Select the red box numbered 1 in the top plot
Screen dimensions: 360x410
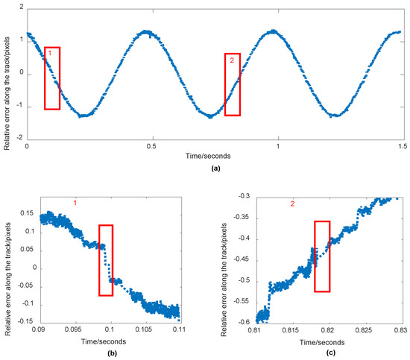point(52,78)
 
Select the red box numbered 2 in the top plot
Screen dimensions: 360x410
point(233,84)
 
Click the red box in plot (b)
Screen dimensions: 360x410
point(106,260)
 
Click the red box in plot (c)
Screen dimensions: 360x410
point(322,256)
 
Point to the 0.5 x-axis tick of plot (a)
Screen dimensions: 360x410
point(153,147)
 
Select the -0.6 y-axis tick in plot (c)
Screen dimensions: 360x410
point(242,322)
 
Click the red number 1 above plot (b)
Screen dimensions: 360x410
point(75,202)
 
